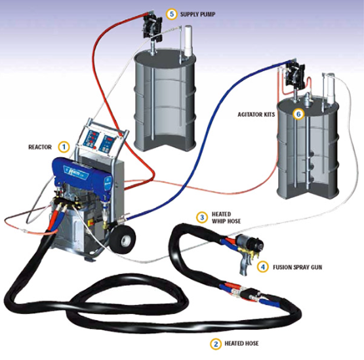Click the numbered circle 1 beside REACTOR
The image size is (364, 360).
[64, 147]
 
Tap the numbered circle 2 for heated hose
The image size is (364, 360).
[216, 344]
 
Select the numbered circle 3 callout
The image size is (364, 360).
[202, 218]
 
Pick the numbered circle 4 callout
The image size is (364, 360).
[263, 267]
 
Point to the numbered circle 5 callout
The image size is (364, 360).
[172, 14]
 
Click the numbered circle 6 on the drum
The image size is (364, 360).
[298, 114]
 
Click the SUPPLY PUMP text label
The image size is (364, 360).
[198, 14]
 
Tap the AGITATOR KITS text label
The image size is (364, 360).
[256, 115]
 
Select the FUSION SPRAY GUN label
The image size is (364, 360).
[297, 268]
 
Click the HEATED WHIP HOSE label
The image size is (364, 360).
[226, 218]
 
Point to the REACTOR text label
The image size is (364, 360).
[40, 147]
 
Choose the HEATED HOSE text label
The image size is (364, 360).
[241, 344]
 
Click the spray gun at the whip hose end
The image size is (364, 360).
[250, 251]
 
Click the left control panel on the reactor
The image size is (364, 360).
[91, 140]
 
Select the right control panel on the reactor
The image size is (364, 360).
[108, 144]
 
